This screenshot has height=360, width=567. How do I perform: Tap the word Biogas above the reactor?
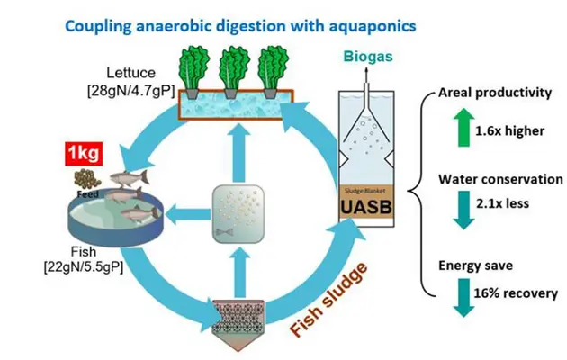(367, 58)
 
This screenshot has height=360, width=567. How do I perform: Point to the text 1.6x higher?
(511, 130)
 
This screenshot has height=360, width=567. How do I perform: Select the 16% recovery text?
(515, 292)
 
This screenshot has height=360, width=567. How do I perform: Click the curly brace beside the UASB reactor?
(417, 191)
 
